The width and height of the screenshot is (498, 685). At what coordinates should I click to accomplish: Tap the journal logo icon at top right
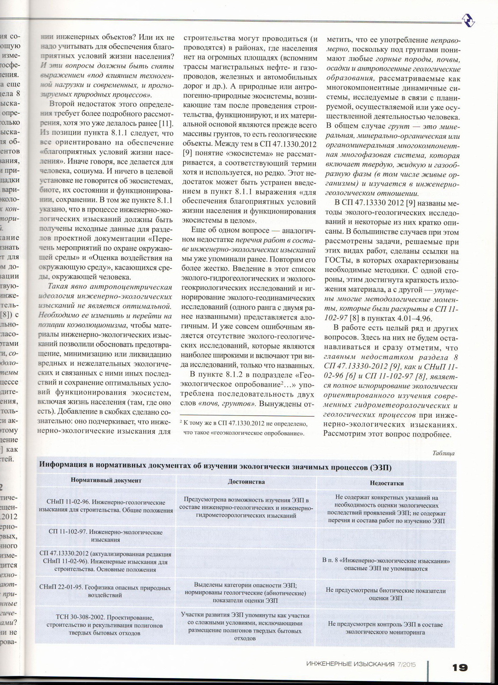click(468, 20)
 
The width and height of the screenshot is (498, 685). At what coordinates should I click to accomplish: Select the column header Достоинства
click(246, 482)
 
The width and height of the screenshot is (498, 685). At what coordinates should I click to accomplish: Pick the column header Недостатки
click(387, 483)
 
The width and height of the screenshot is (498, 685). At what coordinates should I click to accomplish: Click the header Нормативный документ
click(106, 480)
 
